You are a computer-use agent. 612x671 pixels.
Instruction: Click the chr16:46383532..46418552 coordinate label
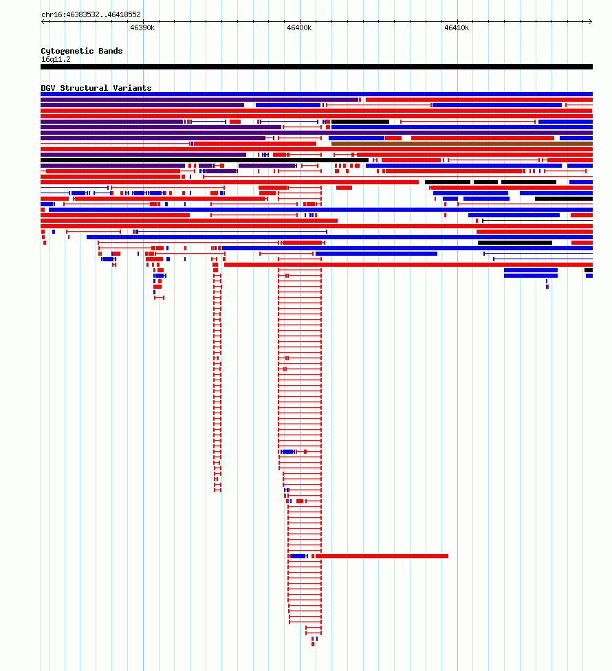tap(91, 14)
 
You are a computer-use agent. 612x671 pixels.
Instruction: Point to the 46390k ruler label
tap(142, 27)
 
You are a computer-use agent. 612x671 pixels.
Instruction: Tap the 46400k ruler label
tap(299, 27)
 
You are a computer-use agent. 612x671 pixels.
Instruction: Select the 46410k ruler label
tap(457, 27)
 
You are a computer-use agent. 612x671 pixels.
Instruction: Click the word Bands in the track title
tap(111, 51)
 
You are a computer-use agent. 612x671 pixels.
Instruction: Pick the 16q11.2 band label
tap(56, 60)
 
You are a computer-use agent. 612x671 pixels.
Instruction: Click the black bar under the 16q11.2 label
tap(317, 67)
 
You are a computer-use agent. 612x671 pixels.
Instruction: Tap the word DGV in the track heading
tap(48, 88)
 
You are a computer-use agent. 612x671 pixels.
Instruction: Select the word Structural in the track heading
tap(84, 88)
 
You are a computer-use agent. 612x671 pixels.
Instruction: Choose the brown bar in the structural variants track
tap(462, 144)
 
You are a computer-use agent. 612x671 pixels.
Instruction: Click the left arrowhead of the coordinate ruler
tap(43, 21)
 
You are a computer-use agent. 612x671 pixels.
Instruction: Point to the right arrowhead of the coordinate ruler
tap(591, 21)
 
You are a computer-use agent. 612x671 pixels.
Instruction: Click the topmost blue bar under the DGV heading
tap(317, 94)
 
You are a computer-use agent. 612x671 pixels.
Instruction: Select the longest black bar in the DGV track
tap(204, 160)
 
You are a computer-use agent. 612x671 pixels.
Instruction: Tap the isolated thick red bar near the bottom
tap(382, 556)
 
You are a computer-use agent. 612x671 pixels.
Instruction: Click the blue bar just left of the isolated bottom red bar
tap(298, 556)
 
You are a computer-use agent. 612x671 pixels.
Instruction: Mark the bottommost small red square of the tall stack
tap(313, 644)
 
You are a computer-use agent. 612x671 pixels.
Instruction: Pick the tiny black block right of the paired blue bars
tap(589, 270)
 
